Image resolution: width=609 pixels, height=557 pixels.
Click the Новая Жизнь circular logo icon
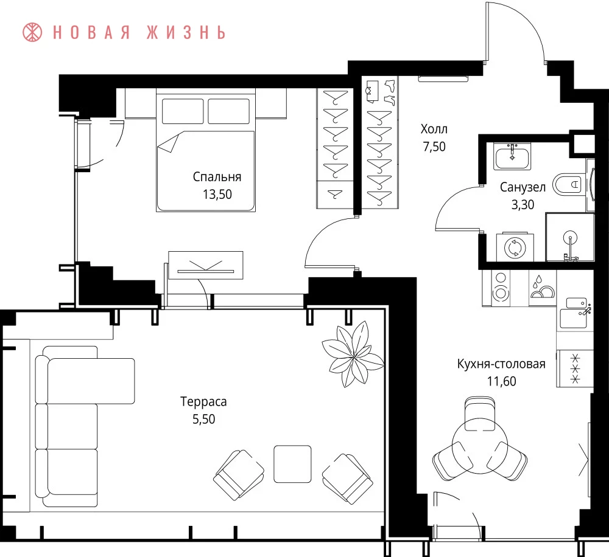pos(32,32)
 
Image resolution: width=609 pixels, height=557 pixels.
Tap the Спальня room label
pos(217,177)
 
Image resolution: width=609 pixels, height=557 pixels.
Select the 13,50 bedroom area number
pos(217,195)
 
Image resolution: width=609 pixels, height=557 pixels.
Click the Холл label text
pos(434,129)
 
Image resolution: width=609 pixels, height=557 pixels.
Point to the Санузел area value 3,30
pos(523,204)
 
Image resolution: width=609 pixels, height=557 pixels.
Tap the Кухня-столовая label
pos(501,364)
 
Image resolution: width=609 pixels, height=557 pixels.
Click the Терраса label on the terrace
pos(203,401)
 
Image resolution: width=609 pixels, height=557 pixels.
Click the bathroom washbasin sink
pos(512,156)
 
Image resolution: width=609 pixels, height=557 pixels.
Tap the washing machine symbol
pos(515,247)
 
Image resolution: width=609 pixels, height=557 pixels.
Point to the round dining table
pos(480,447)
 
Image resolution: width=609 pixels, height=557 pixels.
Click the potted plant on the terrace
pos(353,354)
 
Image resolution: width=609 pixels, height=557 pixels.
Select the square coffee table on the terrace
pos(292,464)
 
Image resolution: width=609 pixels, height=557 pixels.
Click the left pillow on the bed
pos(183,111)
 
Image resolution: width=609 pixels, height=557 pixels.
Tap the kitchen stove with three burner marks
pos(575,368)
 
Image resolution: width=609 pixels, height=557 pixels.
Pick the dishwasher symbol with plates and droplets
pos(543,288)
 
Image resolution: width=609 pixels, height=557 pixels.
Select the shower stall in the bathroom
pos(570,237)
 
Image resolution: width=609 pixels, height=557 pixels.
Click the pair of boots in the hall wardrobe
pos(390,92)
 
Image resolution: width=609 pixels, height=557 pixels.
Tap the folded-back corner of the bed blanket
pos(169,144)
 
